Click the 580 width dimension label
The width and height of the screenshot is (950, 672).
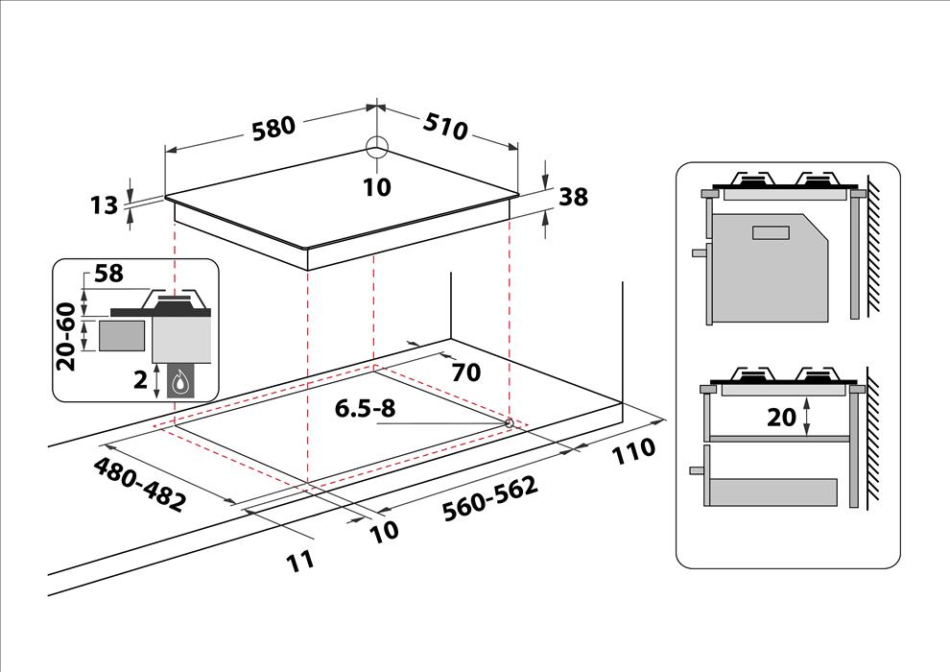tap(273, 128)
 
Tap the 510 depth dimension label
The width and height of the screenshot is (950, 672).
tap(445, 126)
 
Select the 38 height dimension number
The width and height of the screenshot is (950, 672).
tap(573, 197)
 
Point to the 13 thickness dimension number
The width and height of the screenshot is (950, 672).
tap(105, 205)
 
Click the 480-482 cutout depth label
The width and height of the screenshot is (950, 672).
tap(139, 484)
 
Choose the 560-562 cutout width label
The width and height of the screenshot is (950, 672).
tap(490, 498)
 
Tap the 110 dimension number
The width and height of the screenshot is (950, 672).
tap(633, 450)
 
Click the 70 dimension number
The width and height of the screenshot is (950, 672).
tap(466, 372)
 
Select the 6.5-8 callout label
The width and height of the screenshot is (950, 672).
tap(366, 409)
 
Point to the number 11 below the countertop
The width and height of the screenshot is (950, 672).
tap(300, 561)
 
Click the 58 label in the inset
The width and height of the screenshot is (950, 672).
tap(108, 274)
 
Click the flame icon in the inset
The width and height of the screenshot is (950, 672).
tap(180, 382)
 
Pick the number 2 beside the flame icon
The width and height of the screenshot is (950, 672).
tap(140, 380)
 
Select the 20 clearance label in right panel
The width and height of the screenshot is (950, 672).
tap(781, 417)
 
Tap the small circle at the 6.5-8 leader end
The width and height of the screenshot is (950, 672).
tap(509, 423)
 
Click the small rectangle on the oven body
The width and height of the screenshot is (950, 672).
tap(772, 232)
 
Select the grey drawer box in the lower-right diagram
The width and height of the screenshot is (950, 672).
tap(773, 492)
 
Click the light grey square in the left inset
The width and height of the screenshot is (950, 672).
tap(122, 336)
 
